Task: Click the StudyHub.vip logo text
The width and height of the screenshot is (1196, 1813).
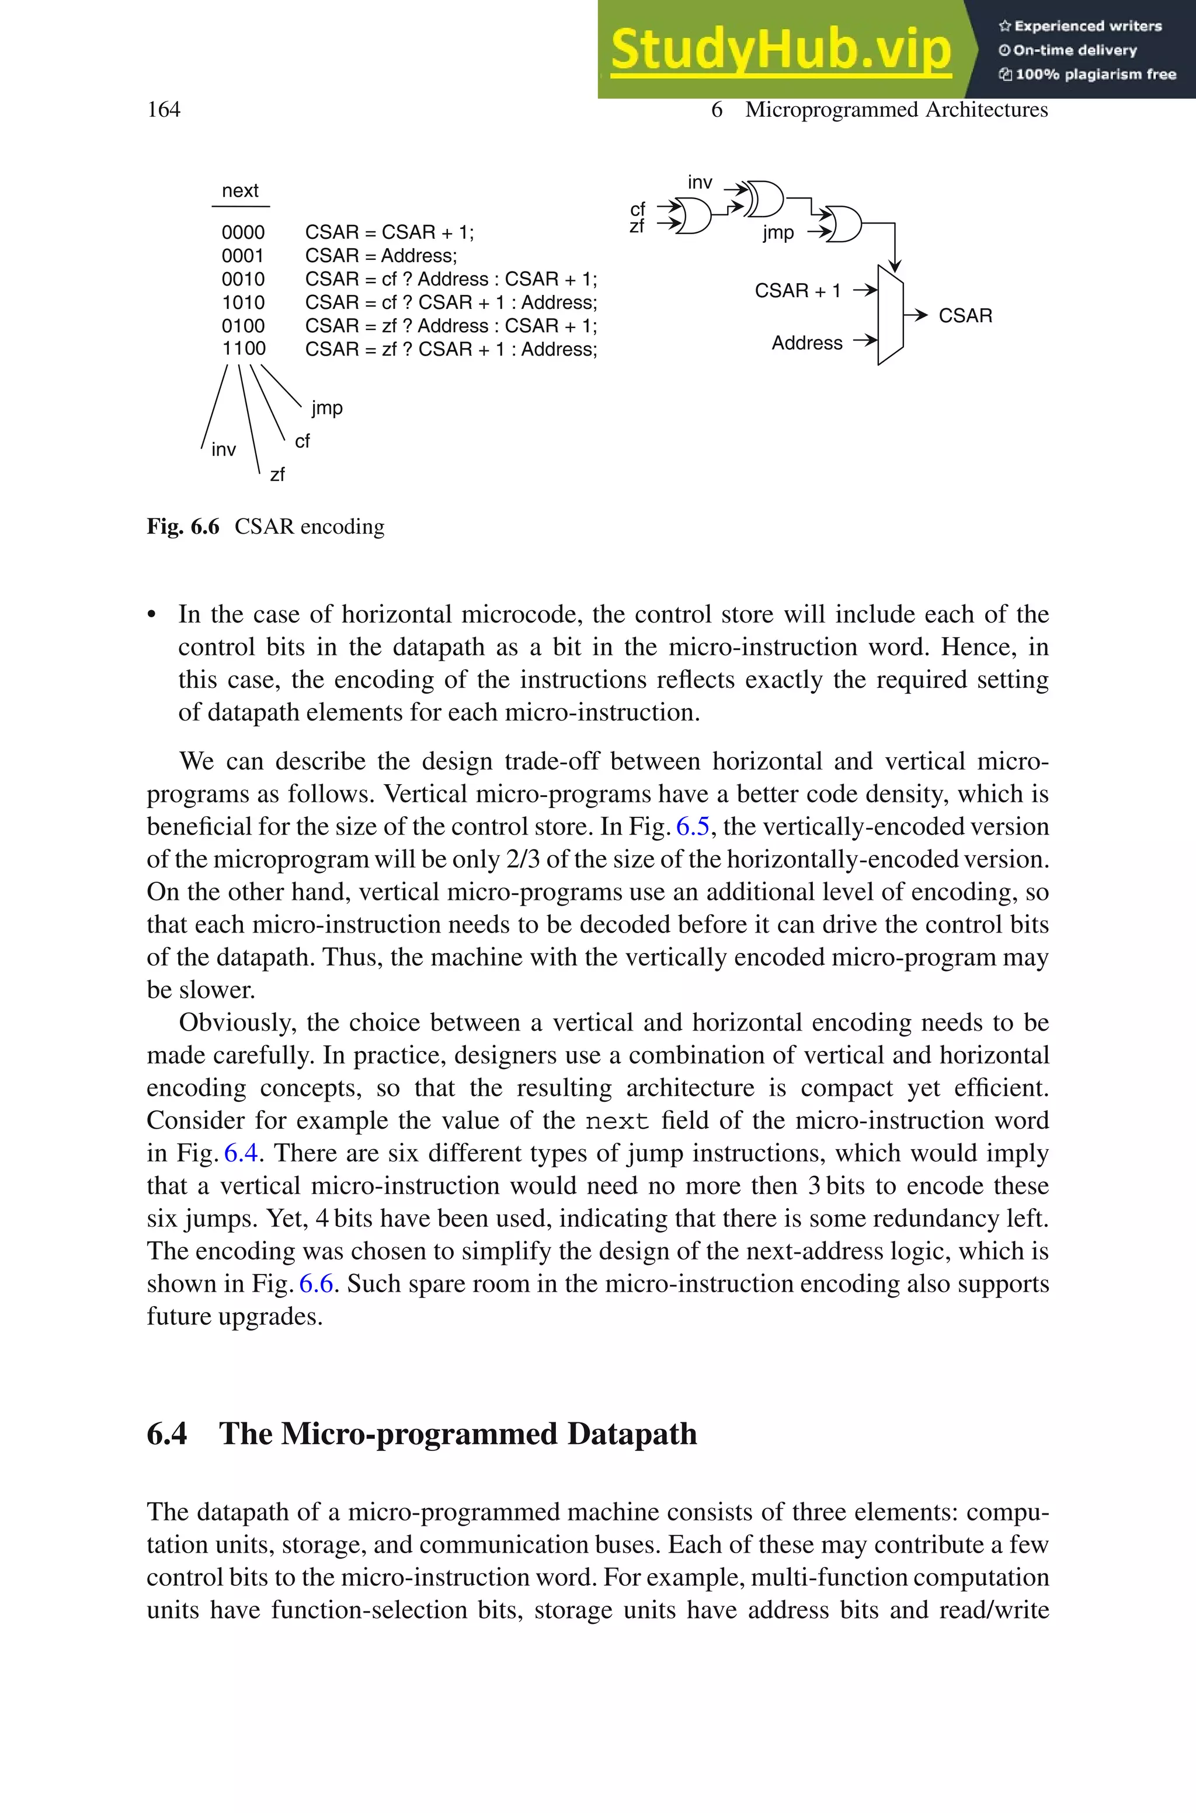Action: point(780,50)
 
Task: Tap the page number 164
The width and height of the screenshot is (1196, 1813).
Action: point(164,110)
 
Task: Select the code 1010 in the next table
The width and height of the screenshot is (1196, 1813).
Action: point(244,302)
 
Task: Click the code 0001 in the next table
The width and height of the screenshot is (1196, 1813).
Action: point(244,256)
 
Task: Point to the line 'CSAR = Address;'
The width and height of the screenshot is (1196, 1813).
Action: point(381,256)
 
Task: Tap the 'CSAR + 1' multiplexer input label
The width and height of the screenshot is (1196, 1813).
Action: point(797,290)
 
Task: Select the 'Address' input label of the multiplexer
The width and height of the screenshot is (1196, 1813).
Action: point(806,343)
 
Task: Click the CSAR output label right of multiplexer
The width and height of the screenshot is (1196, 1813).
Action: point(965,316)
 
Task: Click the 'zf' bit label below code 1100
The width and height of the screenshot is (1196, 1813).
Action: point(277,474)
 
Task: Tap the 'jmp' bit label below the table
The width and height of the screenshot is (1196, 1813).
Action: point(327,408)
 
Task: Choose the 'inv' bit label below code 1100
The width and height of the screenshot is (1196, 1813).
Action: point(224,450)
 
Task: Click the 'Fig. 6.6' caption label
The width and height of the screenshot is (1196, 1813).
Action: point(183,527)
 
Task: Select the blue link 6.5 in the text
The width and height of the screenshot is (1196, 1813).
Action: point(693,826)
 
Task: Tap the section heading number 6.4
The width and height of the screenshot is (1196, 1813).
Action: point(167,1434)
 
